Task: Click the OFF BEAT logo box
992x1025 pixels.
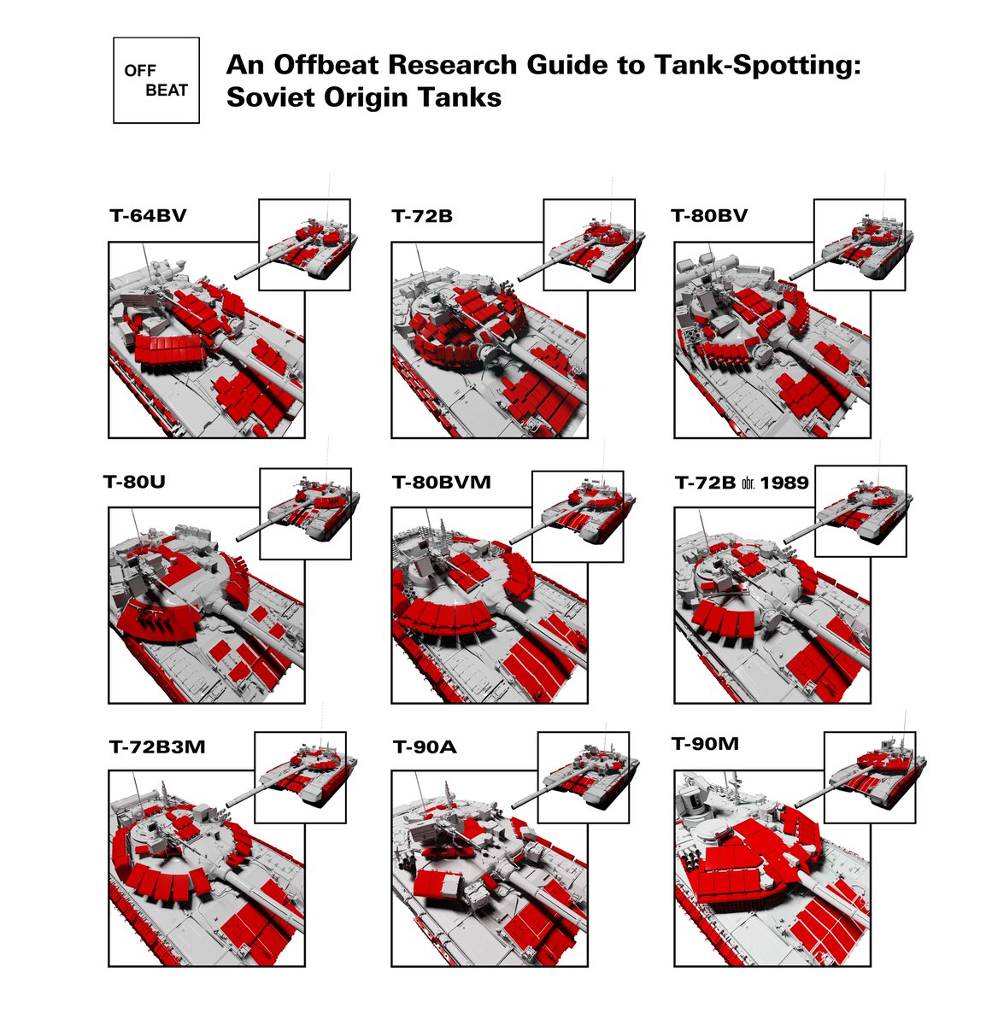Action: click(x=156, y=80)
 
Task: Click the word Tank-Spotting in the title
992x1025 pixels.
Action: click(x=758, y=65)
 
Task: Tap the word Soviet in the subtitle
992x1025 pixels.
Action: click(x=272, y=97)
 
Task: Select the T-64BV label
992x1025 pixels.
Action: click(x=148, y=216)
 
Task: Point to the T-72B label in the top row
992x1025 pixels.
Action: click(x=422, y=216)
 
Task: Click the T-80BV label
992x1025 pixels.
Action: click(x=709, y=216)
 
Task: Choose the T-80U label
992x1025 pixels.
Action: click(x=134, y=482)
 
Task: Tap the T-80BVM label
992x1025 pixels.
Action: click(x=442, y=482)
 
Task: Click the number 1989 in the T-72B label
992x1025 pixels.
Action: click(x=784, y=483)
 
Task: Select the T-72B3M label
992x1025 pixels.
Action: click(x=157, y=747)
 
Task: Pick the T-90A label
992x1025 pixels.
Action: click(x=425, y=747)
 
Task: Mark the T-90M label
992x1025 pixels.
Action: click(x=705, y=744)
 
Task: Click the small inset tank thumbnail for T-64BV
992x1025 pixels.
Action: click(x=304, y=244)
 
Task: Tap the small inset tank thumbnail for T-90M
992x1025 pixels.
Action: click(x=870, y=777)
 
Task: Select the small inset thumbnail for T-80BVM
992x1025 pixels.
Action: click(x=578, y=517)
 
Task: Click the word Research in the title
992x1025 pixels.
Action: click(x=453, y=65)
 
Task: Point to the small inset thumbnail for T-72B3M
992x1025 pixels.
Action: click(x=300, y=777)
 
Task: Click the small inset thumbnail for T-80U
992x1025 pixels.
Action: click(x=306, y=514)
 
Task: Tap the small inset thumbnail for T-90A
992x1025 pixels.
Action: click(x=584, y=777)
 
